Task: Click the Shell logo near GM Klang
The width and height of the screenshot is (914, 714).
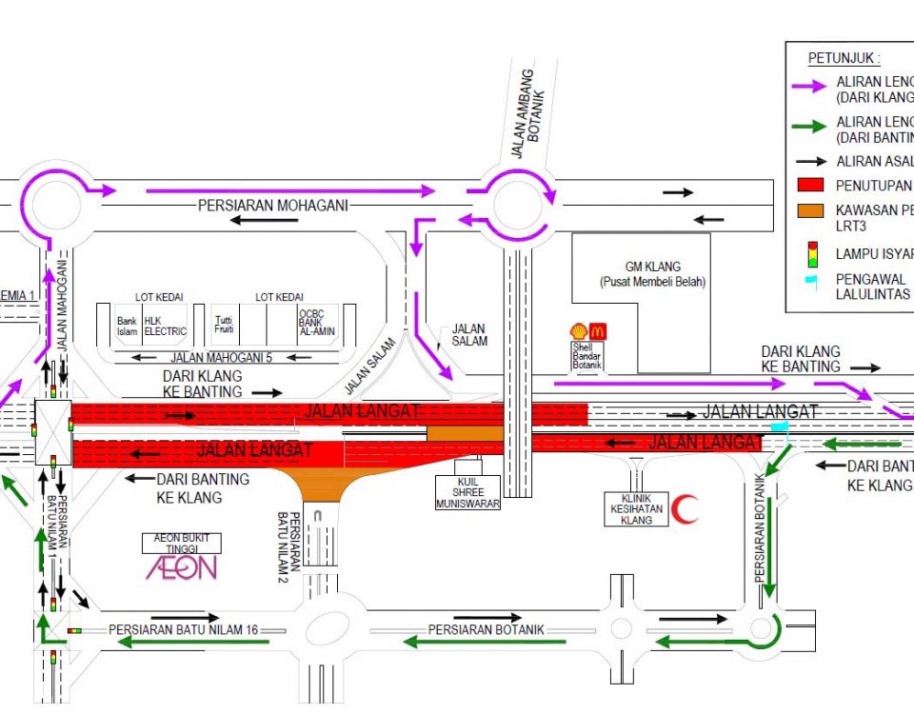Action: coord(579,331)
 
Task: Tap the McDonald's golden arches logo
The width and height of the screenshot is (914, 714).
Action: coord(598,331)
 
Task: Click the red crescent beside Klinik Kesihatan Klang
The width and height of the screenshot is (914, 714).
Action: coord(684,509)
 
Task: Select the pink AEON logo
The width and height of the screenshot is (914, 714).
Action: coord(181,568)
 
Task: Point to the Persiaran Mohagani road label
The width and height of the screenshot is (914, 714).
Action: coord(273,206)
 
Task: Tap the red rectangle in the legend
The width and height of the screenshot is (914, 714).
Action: coord(809,185)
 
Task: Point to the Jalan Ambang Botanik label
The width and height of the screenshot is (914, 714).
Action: coord(523,112)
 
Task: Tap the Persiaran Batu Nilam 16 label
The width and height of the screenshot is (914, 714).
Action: coord(184,629)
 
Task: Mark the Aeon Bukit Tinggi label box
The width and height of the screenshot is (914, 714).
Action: coord(182,543)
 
